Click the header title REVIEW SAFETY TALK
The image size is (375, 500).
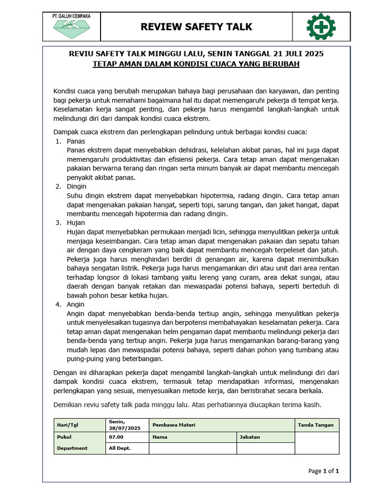(196, 27)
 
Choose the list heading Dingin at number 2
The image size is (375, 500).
(77, 186)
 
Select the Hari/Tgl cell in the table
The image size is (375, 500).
(66, 425)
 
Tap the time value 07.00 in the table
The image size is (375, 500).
(116, 437)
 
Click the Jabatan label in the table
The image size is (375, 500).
(250, 437)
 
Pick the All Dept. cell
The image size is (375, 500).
(120, 448)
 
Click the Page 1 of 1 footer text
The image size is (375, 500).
(323, 471)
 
